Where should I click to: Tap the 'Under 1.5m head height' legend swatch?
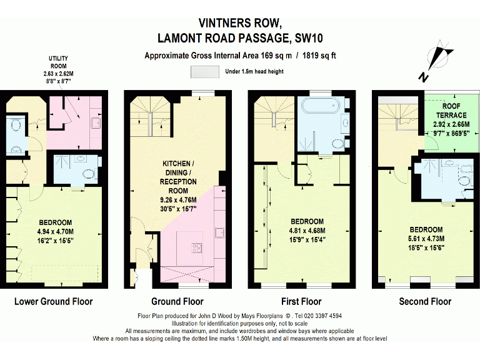[x=205, y=72]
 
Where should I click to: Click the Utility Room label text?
[x=58, y=62]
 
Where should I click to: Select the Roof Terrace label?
[x=451, y=111]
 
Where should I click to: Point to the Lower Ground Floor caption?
[x=54, y=301]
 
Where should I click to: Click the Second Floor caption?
[x=425, y=301]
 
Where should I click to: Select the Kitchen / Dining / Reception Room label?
[x=178, y=177]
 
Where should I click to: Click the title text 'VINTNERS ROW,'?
[x=240, y=23]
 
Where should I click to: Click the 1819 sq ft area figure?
[x=319, y=56]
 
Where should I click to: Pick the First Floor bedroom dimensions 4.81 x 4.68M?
[x=307, y=231]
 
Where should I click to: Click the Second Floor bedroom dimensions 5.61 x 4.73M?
[x=426, y=239]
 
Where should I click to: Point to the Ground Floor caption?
[x=177, y=301]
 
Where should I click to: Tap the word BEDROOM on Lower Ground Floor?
[x=56, y=222]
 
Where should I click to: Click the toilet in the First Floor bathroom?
[x=339, y=144]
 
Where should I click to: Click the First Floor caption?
[x=301, y=301]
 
